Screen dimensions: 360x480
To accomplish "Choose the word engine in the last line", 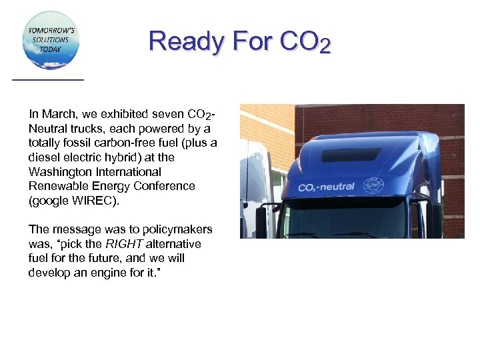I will coord(119,273).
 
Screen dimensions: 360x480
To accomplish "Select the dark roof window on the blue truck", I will coord(351,155).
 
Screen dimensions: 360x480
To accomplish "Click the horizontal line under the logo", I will coord(48,80).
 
